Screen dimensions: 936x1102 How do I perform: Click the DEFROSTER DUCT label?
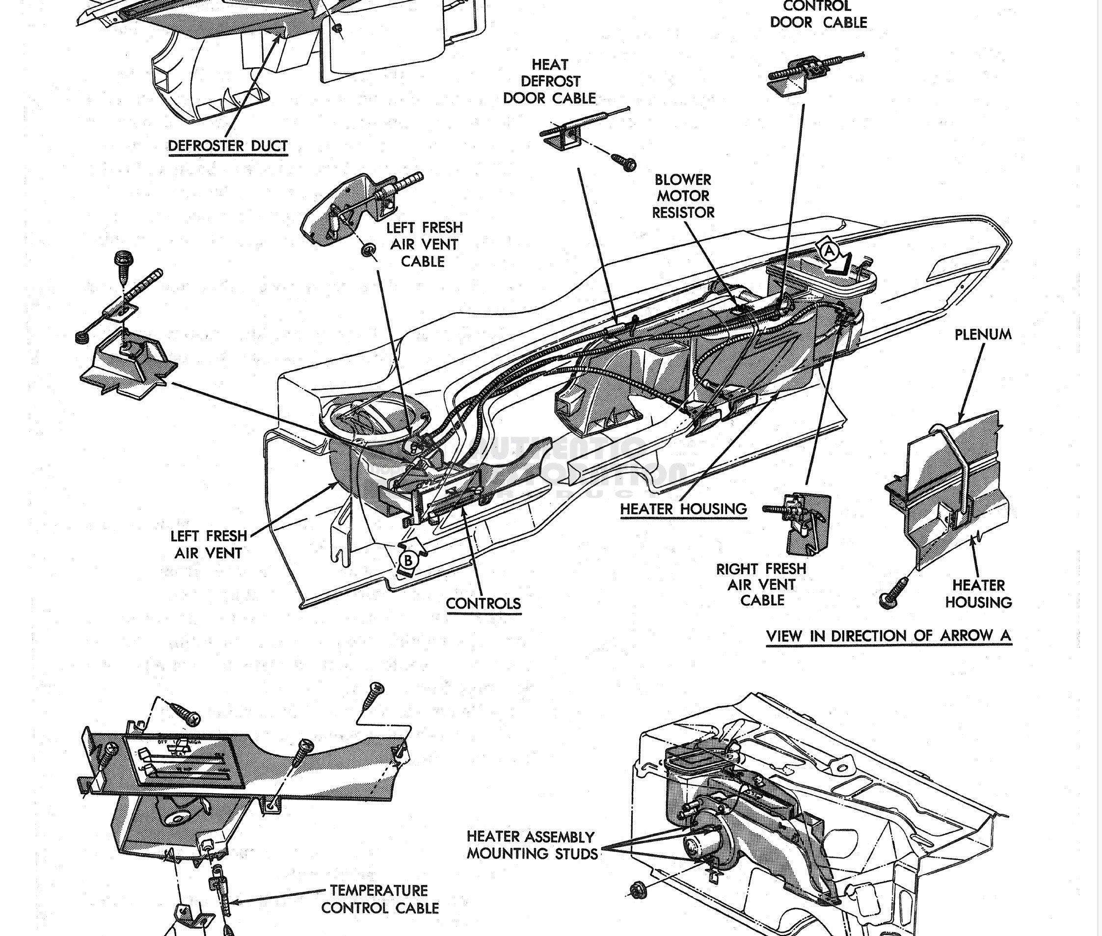pyautogui.click(x=228, y=146)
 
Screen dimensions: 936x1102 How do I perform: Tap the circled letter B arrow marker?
pyautogui.click(x=408, y=560)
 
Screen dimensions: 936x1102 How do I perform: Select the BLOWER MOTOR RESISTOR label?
pyautogui.click(x=683, y=196)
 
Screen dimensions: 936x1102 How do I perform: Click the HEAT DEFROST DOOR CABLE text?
pyautogui.click(x=549, y=81)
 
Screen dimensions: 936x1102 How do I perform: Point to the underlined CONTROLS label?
pyautogui.click(x=484, y=603)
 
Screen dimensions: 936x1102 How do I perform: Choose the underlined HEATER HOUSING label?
pyautogui.click(x=683, y=509)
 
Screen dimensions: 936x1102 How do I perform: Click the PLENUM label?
pyautogui.click(x=983, y=334)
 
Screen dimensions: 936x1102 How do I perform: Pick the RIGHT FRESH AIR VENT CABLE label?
pyautogui.click(x=761, y=584)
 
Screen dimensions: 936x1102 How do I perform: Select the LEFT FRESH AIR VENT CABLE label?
pyautogui.click(x=424, y=244)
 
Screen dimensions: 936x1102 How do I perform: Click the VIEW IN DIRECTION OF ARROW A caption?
pyautogui.click(x=888, y=635)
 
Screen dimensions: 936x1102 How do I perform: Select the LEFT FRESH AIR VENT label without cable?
pyautogui.click(x=209, y=544)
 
